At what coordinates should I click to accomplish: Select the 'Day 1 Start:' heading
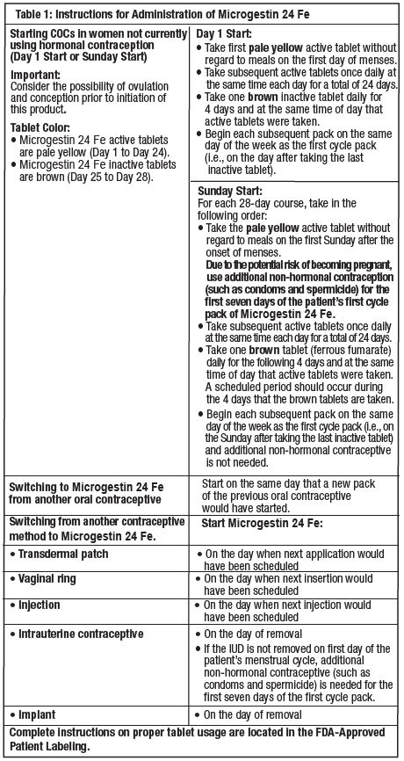pos(226,31)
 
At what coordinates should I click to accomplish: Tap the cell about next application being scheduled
pos(290,561)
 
